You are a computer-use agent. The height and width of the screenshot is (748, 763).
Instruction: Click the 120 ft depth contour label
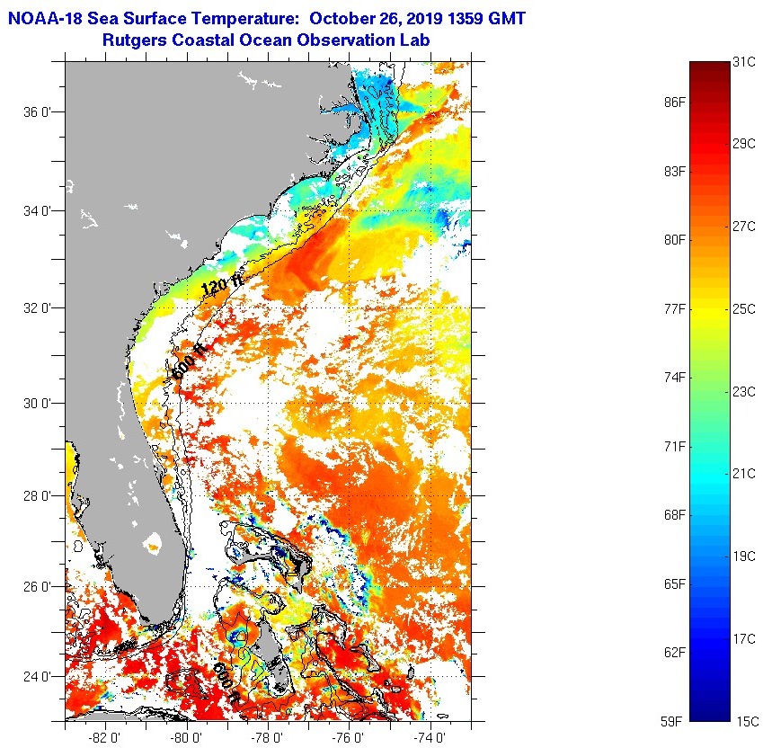[x=222, y=287]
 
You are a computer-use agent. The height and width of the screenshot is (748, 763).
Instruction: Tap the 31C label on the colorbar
[x=744, y=62]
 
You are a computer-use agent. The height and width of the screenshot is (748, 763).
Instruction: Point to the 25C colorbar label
[x=744, y=309]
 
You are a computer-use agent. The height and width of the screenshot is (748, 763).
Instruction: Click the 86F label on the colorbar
[x=675, y=102]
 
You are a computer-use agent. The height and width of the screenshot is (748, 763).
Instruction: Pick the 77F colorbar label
[x=675, y=308]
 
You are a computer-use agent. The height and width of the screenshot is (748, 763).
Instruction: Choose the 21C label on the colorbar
[x=744, y=474]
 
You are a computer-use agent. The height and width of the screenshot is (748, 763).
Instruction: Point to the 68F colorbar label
[x=675, y=514]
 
